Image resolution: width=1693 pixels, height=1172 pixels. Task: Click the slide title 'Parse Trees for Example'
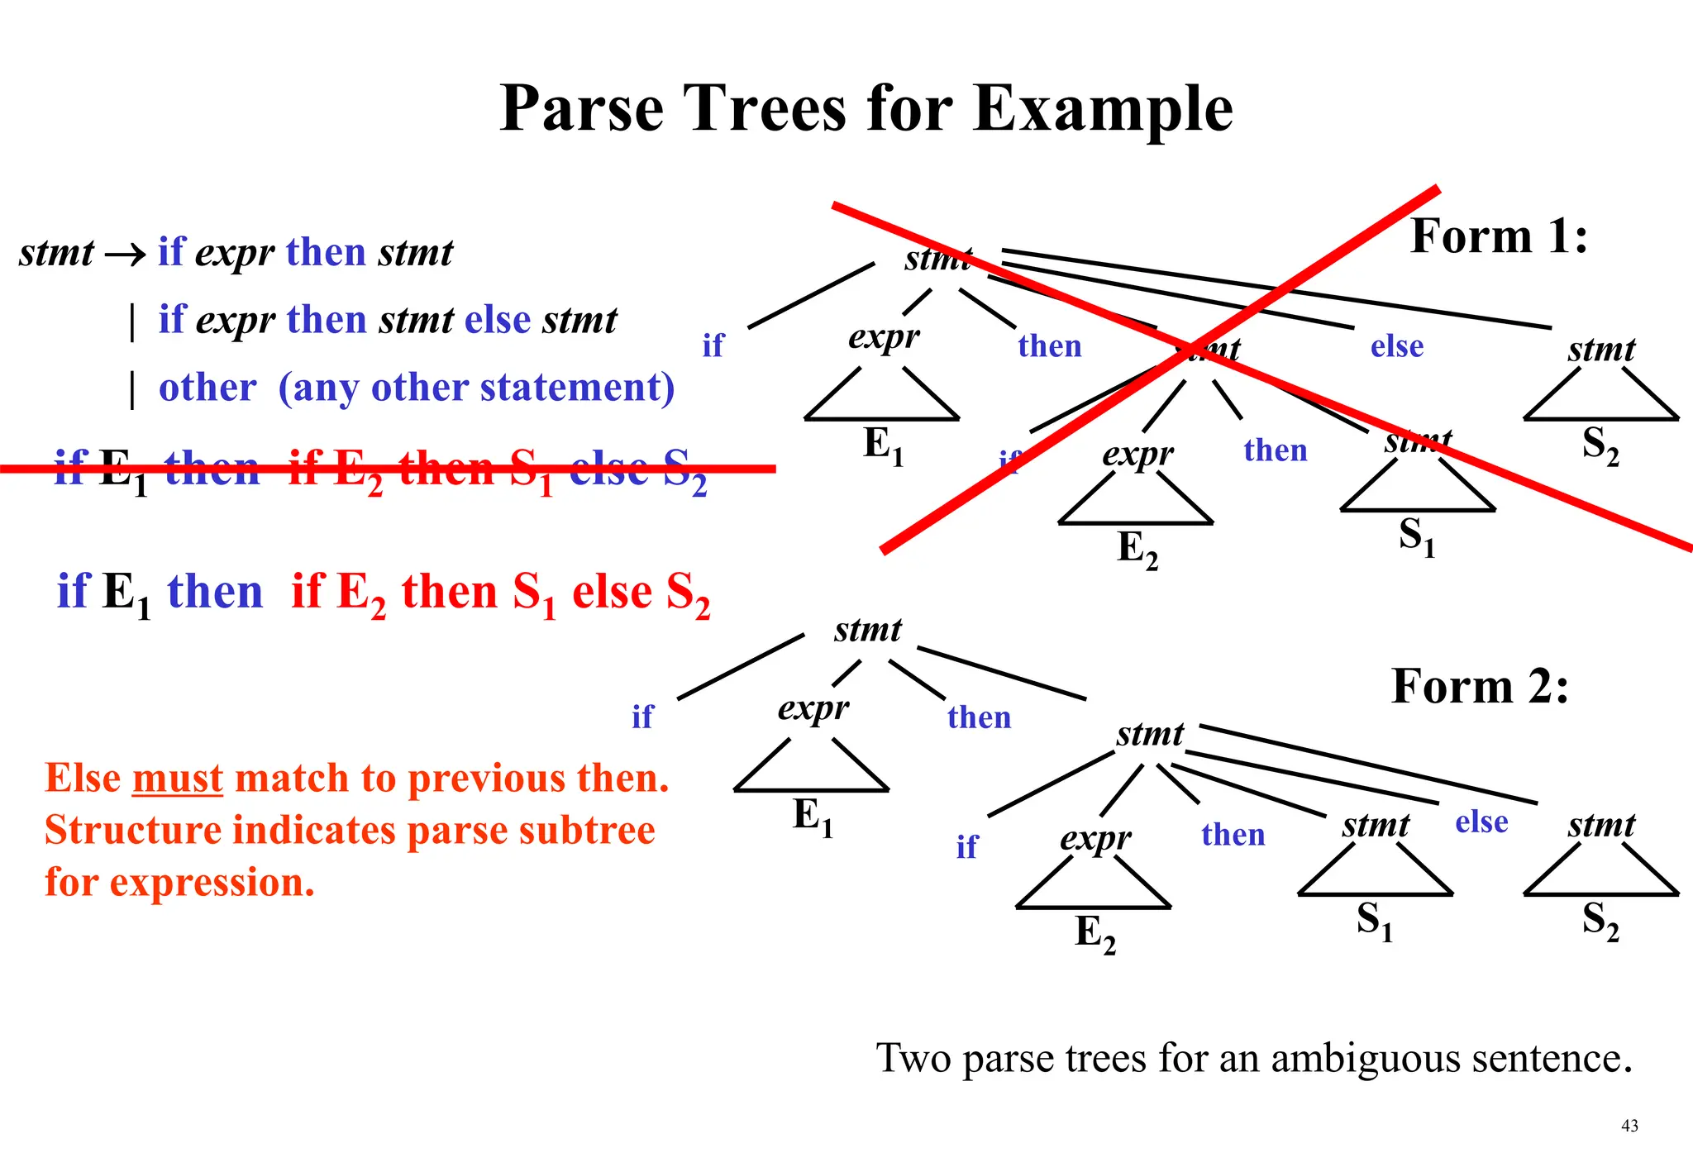866,108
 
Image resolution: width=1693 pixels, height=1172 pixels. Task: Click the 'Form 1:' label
1498,236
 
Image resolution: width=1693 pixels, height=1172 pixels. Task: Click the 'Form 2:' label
1479,686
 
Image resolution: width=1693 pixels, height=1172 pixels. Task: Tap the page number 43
1629,1126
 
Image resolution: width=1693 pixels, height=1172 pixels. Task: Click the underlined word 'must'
177,779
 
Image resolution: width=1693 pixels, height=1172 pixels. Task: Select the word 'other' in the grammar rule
207,387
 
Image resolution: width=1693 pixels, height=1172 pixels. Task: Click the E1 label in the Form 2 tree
813,817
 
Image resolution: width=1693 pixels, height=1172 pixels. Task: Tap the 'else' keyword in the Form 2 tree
1481,822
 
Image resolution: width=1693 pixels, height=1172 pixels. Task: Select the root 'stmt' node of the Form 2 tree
867,630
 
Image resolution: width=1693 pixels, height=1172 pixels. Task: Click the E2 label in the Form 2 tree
1094,934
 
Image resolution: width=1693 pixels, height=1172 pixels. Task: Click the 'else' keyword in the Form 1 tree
1397,345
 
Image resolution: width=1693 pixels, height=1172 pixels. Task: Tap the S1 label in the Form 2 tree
1374,921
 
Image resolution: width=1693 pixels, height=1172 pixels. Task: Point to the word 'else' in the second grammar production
497,320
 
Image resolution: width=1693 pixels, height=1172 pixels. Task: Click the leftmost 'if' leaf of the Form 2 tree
641,717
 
